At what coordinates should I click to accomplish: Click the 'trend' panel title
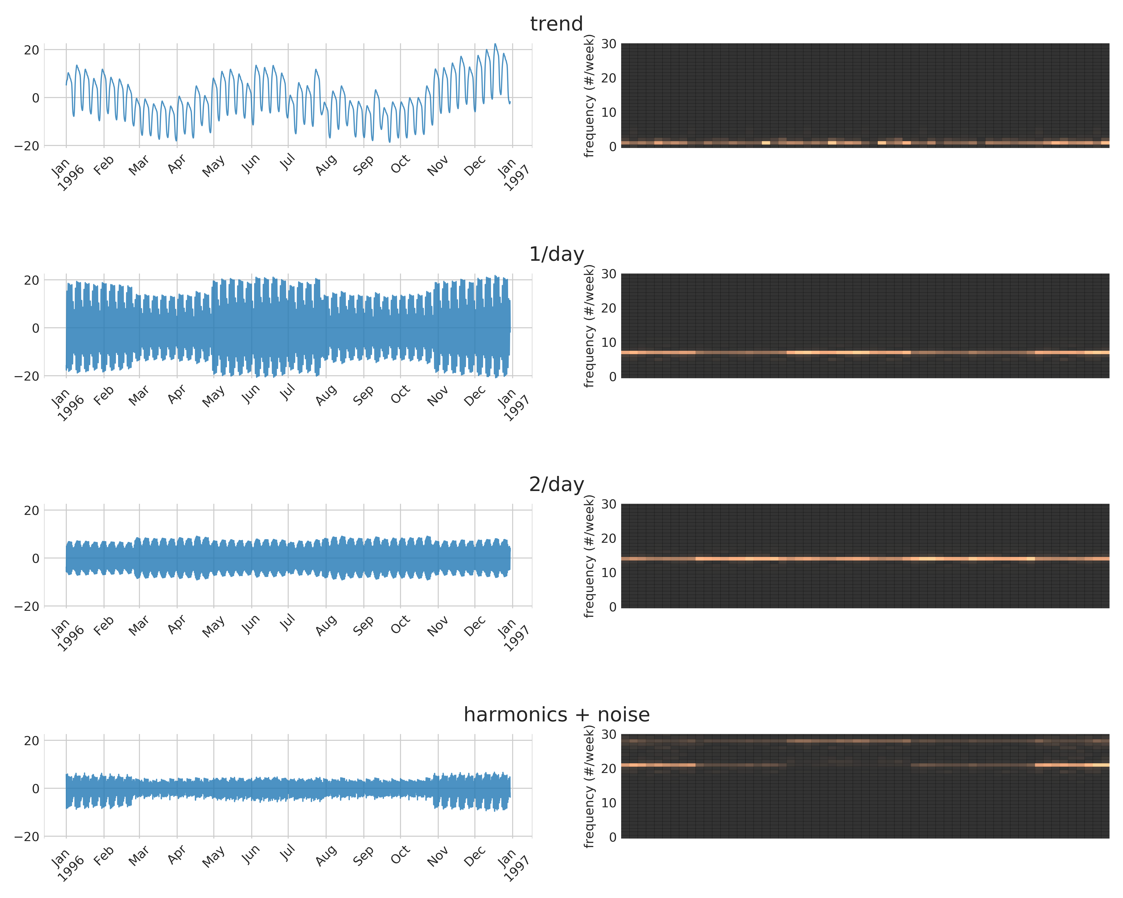[556, 24]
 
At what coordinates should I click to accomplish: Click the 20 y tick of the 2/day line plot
[31, 511]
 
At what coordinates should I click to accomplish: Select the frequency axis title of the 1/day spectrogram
[589, 326]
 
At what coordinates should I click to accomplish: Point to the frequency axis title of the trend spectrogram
[589, 96]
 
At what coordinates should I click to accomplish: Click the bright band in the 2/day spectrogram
[865, 559]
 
